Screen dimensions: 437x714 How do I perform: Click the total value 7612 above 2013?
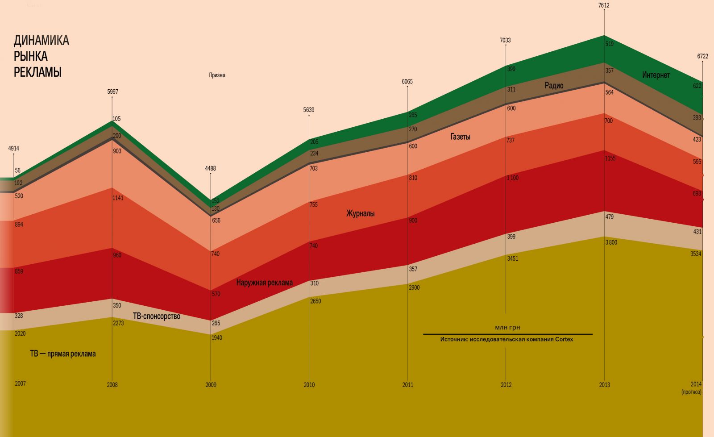point(604,5)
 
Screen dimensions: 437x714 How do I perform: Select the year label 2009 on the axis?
point(211,385)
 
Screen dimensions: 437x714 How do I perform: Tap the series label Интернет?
point(656,75)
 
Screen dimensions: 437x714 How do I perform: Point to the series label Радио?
point(554,86)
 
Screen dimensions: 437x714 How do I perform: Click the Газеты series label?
point(460,137)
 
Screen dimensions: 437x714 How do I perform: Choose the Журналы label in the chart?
point(360,214)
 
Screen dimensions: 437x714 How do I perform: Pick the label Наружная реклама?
point(264,283)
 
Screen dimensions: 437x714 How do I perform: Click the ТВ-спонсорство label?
point(156,316)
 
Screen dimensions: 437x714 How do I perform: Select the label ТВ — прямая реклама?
point(62,354)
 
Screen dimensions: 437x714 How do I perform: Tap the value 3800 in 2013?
point(611,242)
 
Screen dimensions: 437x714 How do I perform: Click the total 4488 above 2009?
point(210,168)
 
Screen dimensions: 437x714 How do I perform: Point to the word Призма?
point(217,75)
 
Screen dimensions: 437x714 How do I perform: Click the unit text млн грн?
point(507,328)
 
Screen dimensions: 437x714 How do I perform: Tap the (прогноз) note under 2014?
point(691,392)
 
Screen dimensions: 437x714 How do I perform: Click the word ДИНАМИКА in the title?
point(41,41)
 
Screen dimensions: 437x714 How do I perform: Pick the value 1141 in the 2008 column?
point(118,198)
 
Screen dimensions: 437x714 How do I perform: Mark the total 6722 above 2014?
point(702,56)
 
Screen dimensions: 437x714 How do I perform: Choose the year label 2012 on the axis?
point(506,385)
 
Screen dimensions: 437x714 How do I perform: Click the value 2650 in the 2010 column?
point(315,301)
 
